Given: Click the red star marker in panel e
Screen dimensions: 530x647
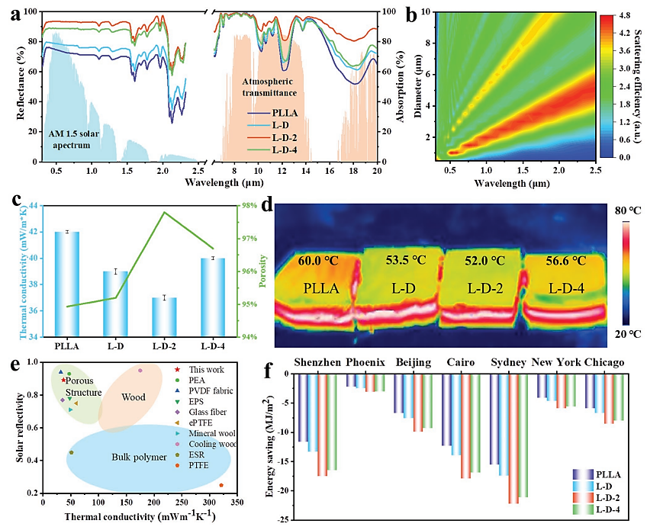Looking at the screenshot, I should point(63,380).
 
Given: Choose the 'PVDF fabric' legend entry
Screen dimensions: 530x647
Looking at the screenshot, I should point(204,390).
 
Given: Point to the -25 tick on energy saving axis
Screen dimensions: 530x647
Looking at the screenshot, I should point(282,519).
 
